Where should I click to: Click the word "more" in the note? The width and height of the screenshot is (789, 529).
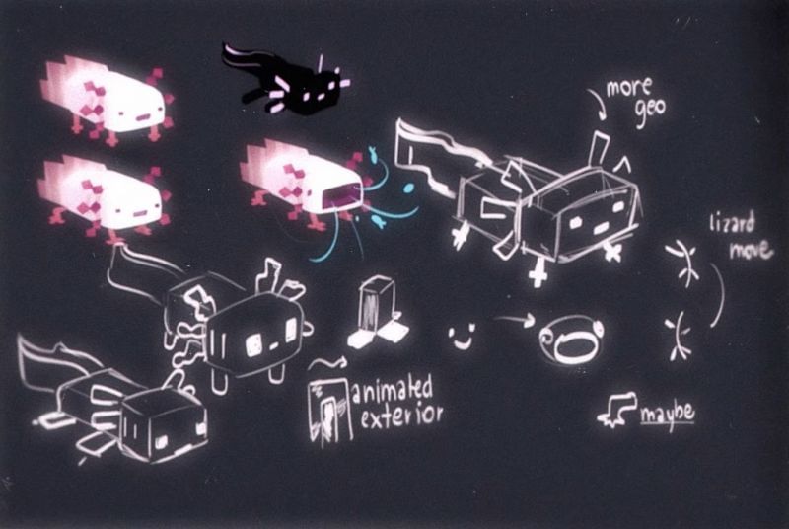(x=629, y=89)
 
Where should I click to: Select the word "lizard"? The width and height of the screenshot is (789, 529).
(x=732, y=223)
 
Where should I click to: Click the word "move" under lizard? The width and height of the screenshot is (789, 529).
(x=751, y=249)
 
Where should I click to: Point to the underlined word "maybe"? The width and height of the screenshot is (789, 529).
(x=668, y=414)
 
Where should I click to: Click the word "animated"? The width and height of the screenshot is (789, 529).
(x=392, y=389)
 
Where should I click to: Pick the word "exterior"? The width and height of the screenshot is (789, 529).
(x=401, y=416)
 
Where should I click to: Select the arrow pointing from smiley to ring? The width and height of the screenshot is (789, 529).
(x=513, y=319)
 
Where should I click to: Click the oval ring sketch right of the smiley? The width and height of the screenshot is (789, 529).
(x=571, y=340)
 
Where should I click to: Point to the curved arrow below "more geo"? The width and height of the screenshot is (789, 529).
(x=597, y=103)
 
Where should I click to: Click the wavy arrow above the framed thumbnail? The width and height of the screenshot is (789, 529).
(x=328, y=362)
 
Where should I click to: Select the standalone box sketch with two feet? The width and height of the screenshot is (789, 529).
(x=378, y=314)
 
